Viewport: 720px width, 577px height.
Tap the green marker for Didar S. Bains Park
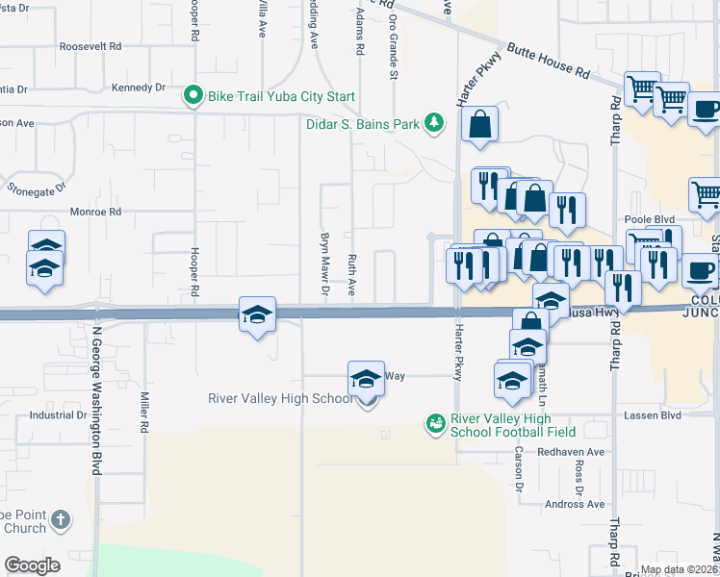[x=436, y=123]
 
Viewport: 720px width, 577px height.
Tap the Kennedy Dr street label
[x=139, y=88]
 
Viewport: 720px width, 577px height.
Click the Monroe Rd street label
[x=95, y=212]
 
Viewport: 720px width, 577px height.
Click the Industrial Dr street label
[x=58, y=415]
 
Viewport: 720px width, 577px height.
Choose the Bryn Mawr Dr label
[x=325, y=263]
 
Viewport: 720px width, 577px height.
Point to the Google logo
[x=32, y=565]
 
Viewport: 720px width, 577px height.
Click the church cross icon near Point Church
[x=60, y=520]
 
